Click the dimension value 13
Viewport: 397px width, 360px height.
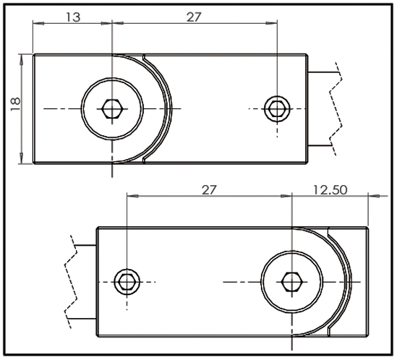pyautogui.click(x=72, y=17)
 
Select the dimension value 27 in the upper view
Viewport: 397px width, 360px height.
pyautogui.click(x=194, y=17)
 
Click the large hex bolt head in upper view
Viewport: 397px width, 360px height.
pyautogui.click(x=111, y=108)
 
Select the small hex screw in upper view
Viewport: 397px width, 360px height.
pyautogui.click(x=276, y=108)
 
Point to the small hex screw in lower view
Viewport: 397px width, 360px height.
pyautogui.click(x=127, y=281)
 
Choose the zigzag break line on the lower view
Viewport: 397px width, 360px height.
pyautogui.click(x=70, y=281)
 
